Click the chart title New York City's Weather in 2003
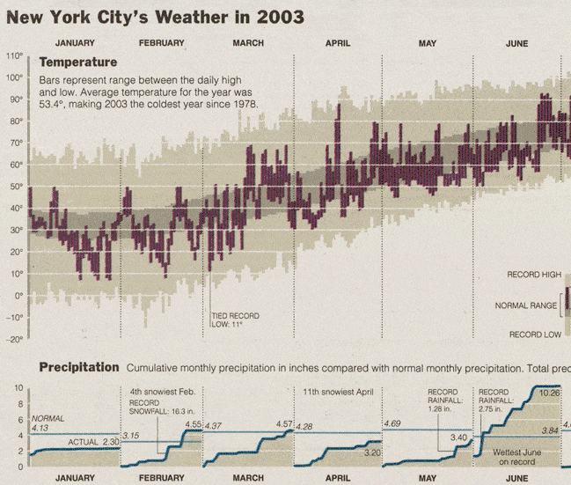coord(155,17)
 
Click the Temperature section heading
coord(78,62)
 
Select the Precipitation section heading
coord(78,367)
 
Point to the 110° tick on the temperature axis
coord(14,55)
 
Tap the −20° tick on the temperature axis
coord(14,339)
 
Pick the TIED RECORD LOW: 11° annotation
coord(235,320)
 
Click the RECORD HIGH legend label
coord(533,276)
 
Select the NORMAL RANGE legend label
coord(526,306)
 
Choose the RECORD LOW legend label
coord(534,334)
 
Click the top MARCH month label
coord(248,43)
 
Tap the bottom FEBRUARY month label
coord(161,478)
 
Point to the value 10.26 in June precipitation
coord(550,392)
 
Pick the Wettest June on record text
coord(515,457)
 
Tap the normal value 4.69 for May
coord(392,423)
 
